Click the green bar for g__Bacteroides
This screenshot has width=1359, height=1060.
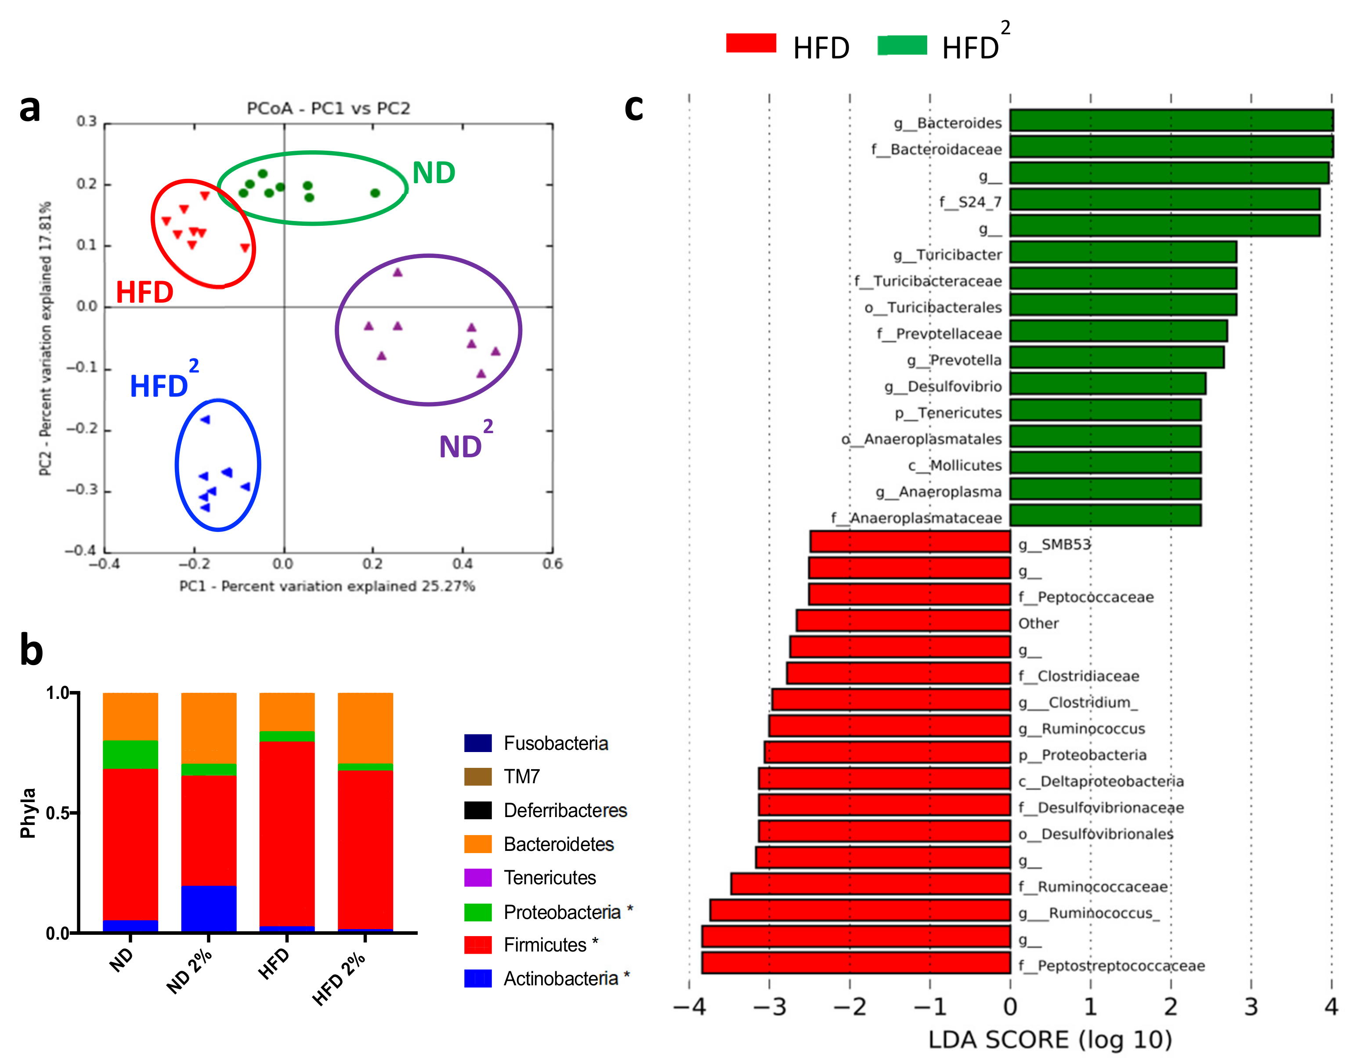point(1170,121)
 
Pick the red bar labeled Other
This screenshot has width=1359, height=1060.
point(902,621)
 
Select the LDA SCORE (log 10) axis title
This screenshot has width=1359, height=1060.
point(1050,1039)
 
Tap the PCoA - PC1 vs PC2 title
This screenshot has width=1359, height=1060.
point(328,109)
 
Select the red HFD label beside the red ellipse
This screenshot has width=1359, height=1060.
point(145,292)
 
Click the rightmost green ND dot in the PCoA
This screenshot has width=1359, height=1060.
point(375,193)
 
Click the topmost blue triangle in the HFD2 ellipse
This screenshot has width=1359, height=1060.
point(206,420)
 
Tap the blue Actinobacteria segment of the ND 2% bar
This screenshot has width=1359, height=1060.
point(209,909)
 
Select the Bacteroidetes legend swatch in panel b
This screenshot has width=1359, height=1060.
point(478,844)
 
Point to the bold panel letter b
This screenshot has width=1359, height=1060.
point(31,651)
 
